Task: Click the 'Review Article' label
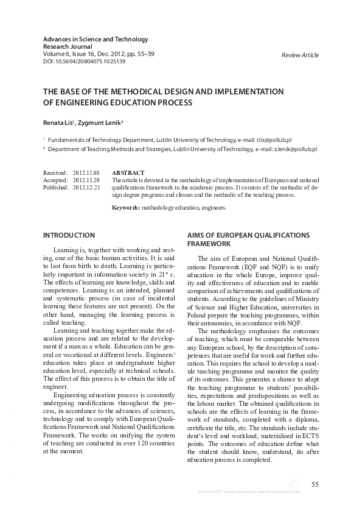[x=300, y=55]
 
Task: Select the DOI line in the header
[x=84, y=62]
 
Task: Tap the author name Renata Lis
[x=59, y=123]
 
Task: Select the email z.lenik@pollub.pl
[x=292, y=149]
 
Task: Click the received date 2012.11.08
[x=86, y=173]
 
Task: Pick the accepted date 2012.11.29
[x=86, y=180]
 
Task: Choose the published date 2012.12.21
[x=86, y=188]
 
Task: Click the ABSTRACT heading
[x=128, y=173]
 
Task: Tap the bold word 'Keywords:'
[x=126, y=208]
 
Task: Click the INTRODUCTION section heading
[x=69, y=235]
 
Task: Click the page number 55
[x=315, y=484]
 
